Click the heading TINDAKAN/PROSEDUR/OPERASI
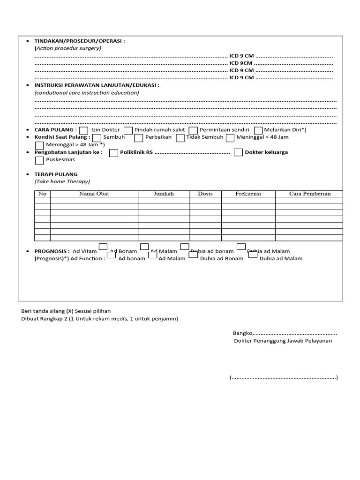(x=79, y=41)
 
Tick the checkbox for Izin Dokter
(x=83, y=130)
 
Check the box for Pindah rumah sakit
(x=128, y=130)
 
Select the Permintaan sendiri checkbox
(x=193, y=130)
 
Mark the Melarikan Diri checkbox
(x=258, y=130)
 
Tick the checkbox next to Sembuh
(x=97, y=138)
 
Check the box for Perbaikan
(x=138, y=138)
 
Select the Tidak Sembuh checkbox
(x=180, y=138)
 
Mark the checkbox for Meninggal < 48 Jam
(x=230, y=138)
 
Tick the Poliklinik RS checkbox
(x=113, y=152)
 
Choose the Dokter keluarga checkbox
(x=238, y=152)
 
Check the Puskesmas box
(x=40, y=160)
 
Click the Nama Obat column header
(x=94, y=194)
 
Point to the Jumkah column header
(x=164, y=194)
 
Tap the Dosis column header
(x=205, y=194)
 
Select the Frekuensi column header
(x=248, y=194)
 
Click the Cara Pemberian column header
(x=309, y=194)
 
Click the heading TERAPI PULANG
(x=56, y=174)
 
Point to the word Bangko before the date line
(x=243, y=333)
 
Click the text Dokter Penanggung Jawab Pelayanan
(x=283, y=341)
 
